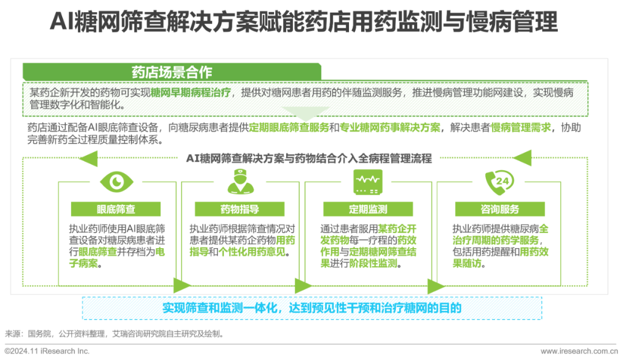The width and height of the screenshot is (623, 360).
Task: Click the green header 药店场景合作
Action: (172, 73)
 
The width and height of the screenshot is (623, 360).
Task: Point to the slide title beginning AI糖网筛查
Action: (303, 24)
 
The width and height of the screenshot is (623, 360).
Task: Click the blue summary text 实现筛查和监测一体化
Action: (311, 308)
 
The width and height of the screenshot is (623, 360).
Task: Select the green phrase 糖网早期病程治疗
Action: (191, 93)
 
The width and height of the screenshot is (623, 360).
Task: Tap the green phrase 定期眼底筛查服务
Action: (289, 127)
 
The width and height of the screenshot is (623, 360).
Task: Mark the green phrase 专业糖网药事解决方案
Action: (389, 127)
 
